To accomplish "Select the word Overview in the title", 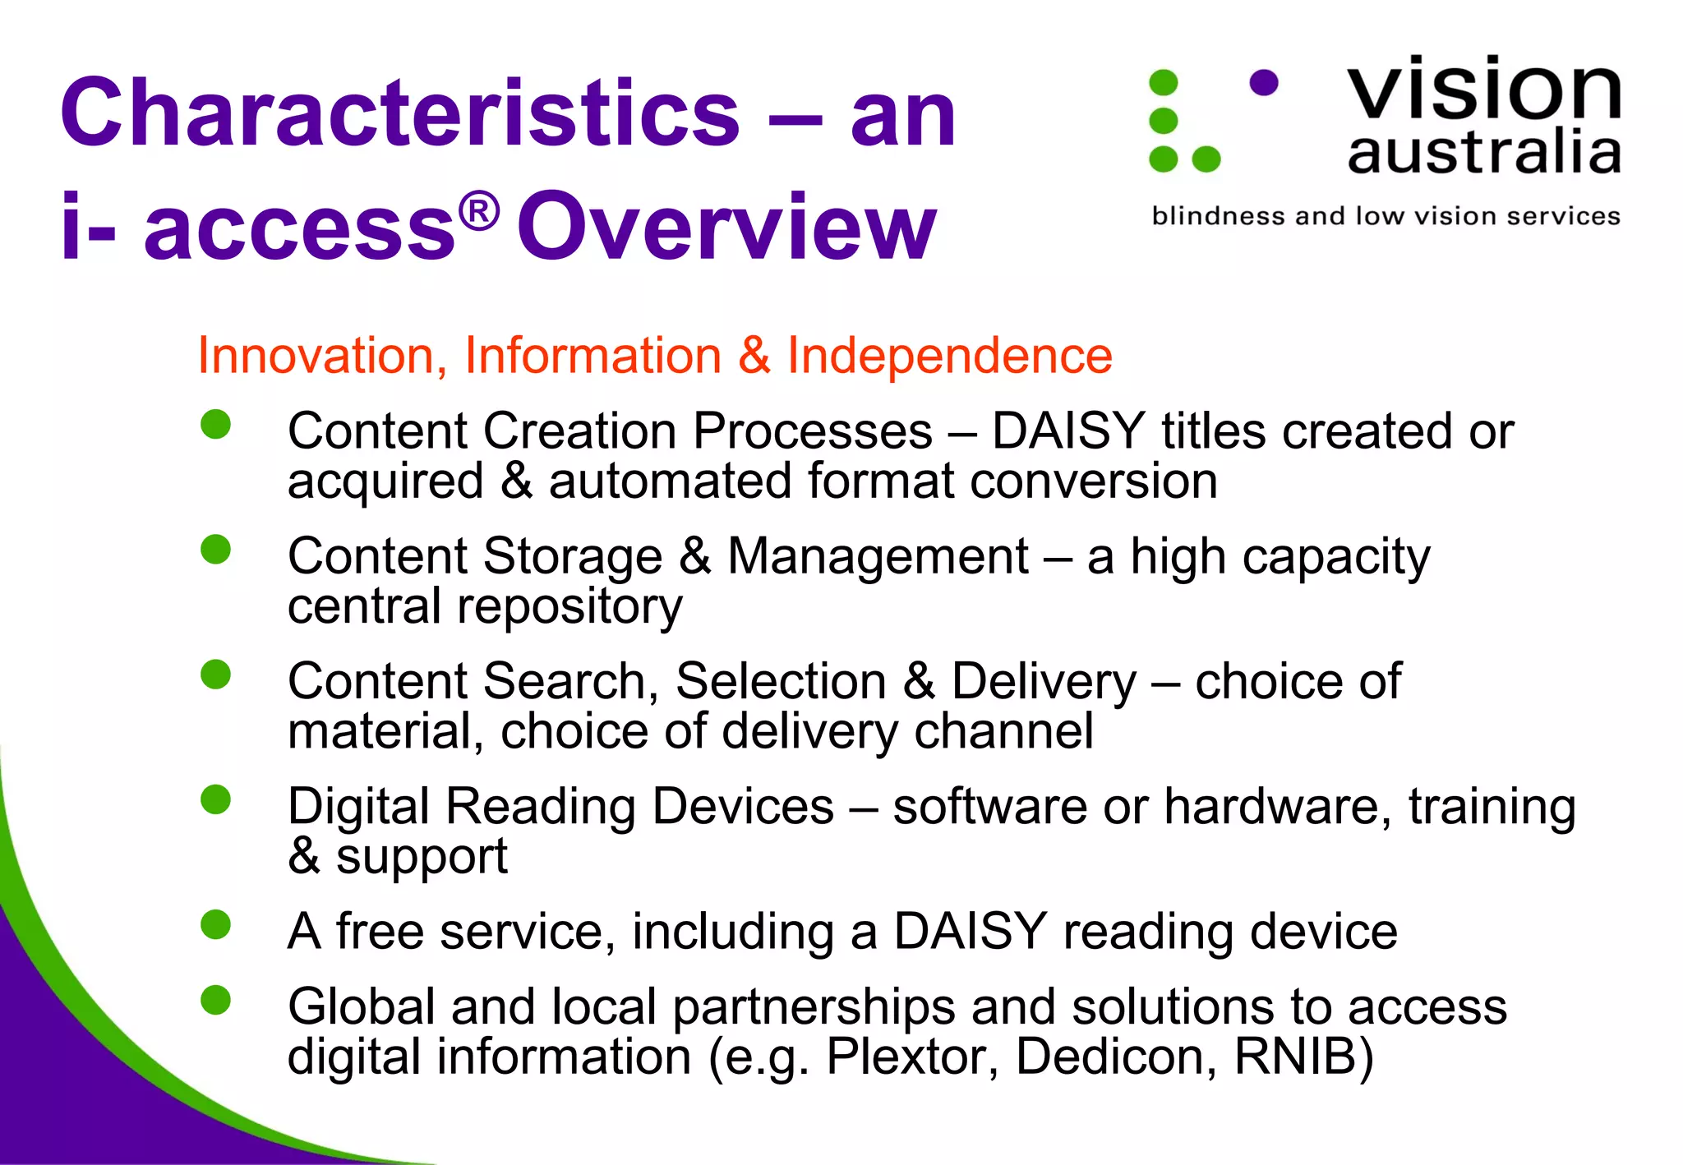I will pyautogui.click(x=726, y=226).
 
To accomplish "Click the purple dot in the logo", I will pyautogui.click(x=1263, y=83).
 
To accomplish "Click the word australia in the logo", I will pyautogui.click(x=1483, y=152).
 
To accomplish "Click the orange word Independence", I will pyautogui.click(x=949, y=356).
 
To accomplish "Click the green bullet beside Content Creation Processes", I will pyautogui.click(x=216, y=425).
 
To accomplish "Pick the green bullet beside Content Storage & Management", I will pyautogui.click(x=216, y=550).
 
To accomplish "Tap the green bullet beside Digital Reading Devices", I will pyautogui.click(x=216, y=799).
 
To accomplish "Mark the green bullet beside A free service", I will pyautogui.click(x=216, y=924).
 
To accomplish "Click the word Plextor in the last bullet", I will pyautogui.click(x=911, y=1057).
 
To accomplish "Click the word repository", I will pyautogui.click(x=569, y=608).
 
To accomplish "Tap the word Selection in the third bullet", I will pyautogui.click(x=781, y=682).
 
